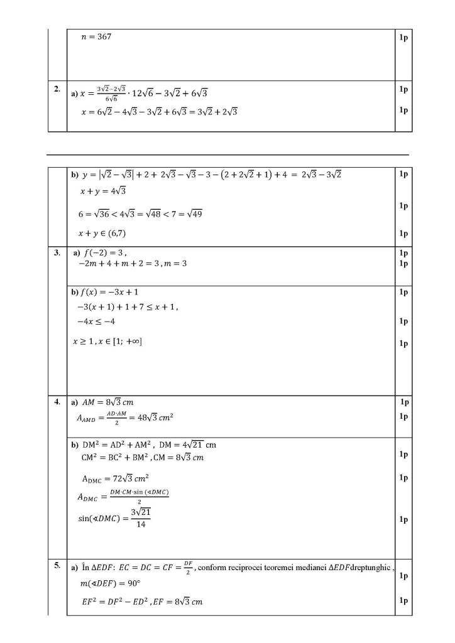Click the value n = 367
pyautogui.click(x=96, y=38)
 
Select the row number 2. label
pyautogui.click(x=57, y=89)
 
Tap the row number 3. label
pyautogui.click(x=57, y=253)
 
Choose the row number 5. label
pyautogui.click(x=57, y=566)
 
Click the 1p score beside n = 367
pyautogui.click(x=403, y=38)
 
